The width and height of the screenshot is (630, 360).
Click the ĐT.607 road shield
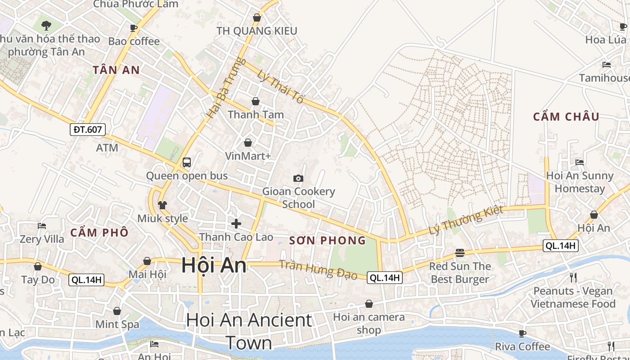click(88, 130)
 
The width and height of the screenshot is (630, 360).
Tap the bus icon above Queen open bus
click(186, 162)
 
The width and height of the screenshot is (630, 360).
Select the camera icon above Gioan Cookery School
click(298, 178)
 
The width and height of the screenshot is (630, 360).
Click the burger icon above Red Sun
click(459, 252)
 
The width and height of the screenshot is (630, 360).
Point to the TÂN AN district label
click(116, 70)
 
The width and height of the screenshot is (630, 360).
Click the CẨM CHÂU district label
click(566, 117)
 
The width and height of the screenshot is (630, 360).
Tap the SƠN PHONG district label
click(328, 240)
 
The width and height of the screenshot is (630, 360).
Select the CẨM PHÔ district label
click(99, 233)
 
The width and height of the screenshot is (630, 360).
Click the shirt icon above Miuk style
click(162, 205)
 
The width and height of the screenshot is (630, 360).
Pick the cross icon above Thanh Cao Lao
click(236, 223)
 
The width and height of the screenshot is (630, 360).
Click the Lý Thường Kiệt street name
click(465, 220)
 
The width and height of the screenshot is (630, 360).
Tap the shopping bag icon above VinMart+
click(247, 143)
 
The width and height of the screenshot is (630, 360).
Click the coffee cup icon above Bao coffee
click(134, 28)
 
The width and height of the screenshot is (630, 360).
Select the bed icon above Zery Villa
click(42, 225)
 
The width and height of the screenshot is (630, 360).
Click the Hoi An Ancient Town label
click(249, 331)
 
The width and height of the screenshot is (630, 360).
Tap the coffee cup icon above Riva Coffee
click(522, 333)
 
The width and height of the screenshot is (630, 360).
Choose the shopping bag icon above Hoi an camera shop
click(369, 304)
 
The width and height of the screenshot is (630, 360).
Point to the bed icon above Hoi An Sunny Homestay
click(580, 162)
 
